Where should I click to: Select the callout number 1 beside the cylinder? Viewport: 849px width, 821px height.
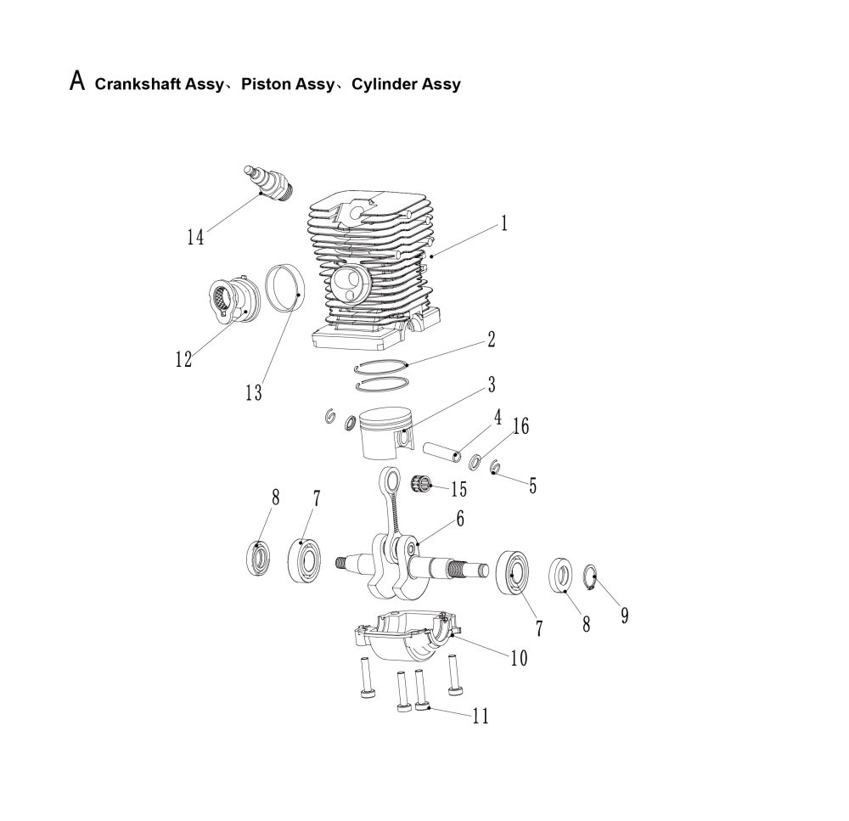(503, 224)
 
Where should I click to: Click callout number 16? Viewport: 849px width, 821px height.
(520, 426)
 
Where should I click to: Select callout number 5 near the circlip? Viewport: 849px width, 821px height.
(532, 486)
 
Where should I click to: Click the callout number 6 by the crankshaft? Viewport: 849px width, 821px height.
(458, 519)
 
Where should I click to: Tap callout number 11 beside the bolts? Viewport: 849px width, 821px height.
(481, 717)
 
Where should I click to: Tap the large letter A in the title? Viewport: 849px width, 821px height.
(77, 82)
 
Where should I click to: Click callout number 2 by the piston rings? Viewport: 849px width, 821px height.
(491, 341)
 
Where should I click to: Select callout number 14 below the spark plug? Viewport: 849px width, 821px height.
(195, 237)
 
